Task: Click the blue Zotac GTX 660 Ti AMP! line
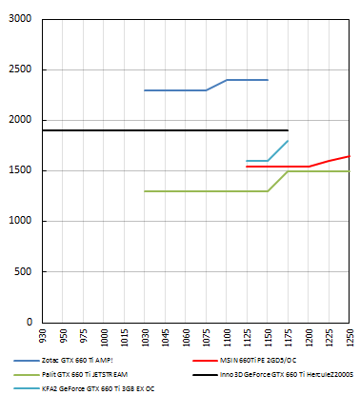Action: (181, 90)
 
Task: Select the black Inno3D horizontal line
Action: (143, 129)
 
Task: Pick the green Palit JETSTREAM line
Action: (190, 191)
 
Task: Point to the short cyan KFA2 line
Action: (257, 161)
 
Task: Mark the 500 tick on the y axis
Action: (24, 271)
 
